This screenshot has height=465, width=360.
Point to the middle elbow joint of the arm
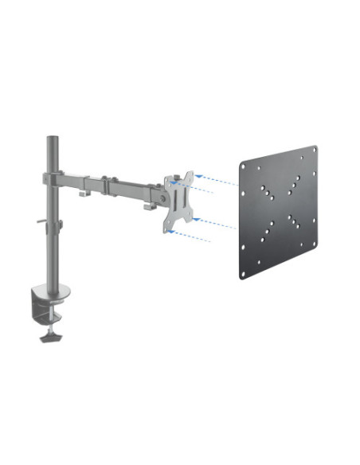tap(109, 182)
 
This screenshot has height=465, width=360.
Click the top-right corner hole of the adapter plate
tap(313, 150)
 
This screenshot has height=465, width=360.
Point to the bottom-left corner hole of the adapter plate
tap(243, 275)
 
